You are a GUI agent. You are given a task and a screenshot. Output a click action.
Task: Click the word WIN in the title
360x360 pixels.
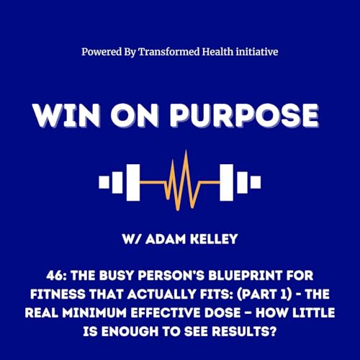[x=66, y=115]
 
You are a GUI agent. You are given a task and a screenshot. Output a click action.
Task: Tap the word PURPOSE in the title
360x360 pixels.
[x=244, y=115]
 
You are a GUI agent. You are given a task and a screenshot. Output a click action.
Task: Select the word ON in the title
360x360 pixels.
[x=135, y=115]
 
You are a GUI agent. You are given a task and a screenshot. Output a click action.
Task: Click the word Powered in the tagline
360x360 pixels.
[x=102, y=52]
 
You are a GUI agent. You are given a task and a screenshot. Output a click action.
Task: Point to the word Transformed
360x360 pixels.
[x=169, y=52]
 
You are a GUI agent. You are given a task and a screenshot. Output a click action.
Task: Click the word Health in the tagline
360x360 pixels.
[x=217, y=52]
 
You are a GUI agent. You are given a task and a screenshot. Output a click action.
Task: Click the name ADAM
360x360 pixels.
[x=166, y=239]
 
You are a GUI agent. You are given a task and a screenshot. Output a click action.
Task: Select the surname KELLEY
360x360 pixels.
[x=214, y=239]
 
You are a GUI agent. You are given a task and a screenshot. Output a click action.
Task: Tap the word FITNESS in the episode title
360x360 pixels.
[x=58, y=294]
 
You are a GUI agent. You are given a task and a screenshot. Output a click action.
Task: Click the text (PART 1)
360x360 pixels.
[x=264, y=294]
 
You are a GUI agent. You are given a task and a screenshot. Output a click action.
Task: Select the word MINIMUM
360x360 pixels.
[x=96, y=313]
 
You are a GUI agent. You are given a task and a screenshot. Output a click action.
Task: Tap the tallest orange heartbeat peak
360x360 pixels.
[x=186, y=150]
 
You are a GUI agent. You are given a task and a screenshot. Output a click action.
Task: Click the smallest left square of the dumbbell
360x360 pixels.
[x=104, y=182]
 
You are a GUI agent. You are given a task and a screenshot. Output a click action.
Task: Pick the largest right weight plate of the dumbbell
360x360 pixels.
[x=226, y=182]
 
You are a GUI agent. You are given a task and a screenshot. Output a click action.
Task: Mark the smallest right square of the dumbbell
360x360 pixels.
[x=256, y=182]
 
